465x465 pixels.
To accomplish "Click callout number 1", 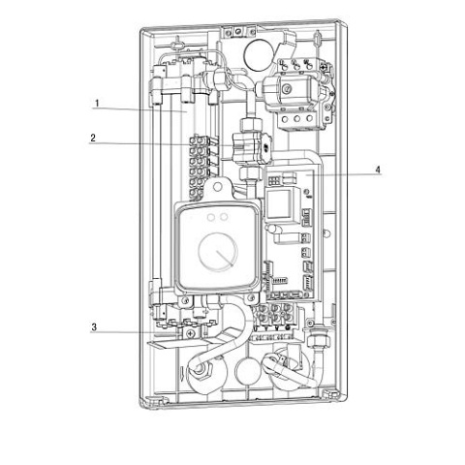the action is [97, 104].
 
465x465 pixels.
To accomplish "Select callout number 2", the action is [93, 139].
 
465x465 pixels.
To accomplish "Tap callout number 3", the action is [94, 327].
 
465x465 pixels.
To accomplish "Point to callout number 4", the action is [378, 170].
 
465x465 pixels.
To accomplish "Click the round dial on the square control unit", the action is [218, 252].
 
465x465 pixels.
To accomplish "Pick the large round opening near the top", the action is [259, 54].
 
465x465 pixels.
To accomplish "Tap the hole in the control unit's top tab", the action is [218, 186].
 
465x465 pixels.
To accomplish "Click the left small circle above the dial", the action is [211, 218].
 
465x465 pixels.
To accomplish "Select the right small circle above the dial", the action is [223, 218].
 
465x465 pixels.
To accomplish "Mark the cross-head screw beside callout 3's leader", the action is [191, 333].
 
